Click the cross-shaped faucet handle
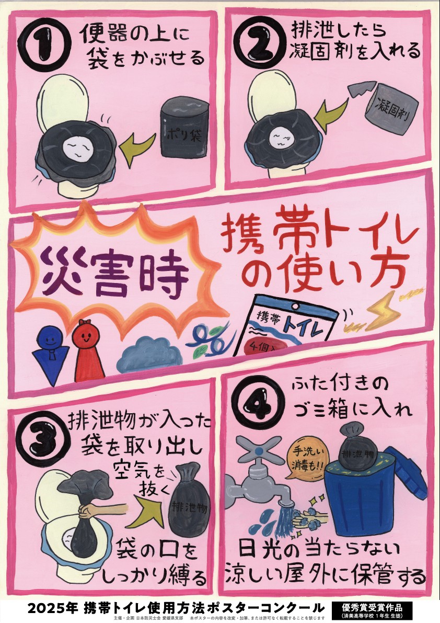pyautogui.click(x=258, y=450)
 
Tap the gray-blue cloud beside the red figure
pyautogui.click(x=149, y=352)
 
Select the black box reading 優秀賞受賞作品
pyautogui.click(x=372, y=610)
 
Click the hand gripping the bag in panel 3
pyautogui.click(x=89, y=512)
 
